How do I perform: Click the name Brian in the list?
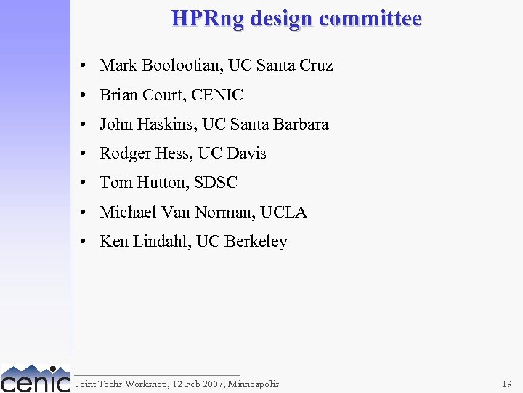pos(118,95)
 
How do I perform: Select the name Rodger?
pos(124,154)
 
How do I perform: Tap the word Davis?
pos(247,154)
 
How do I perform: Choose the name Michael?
pos(129,213)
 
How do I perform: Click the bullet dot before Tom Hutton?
pos(85,183)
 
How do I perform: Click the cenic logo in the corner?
pos(35,378)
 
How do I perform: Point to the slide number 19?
pos(506,384)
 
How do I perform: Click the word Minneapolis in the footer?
pos(252,384)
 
